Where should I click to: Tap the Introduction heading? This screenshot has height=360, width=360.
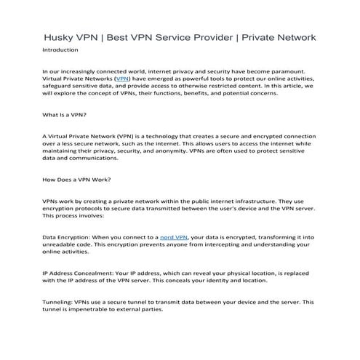61,50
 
